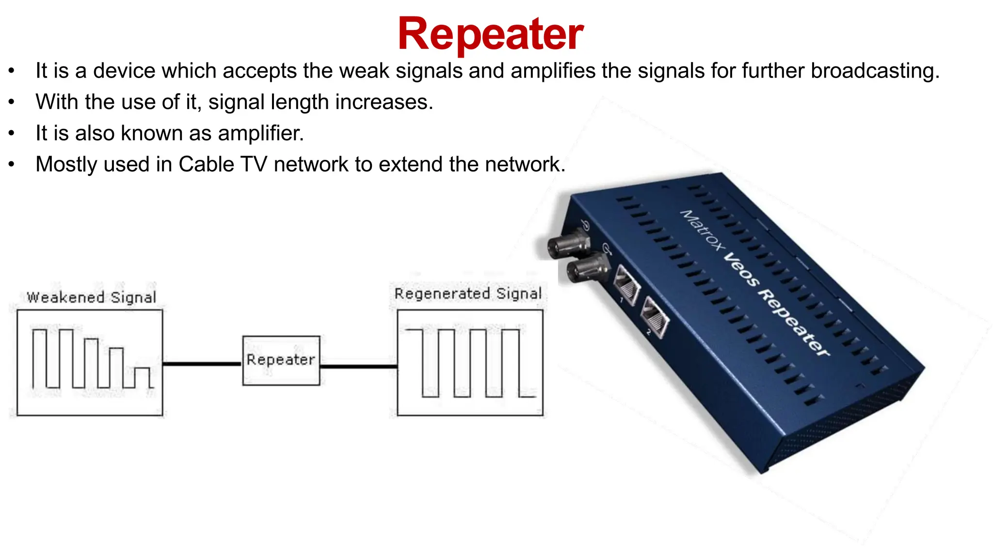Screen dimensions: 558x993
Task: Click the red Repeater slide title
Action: (x=490, y=34)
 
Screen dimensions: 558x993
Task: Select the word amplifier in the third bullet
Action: (x=260, y=133)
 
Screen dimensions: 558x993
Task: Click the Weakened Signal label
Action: (x=91, y=297)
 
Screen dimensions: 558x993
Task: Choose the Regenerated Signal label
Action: (x=468, y=294)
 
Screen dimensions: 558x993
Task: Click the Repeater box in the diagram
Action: (x=281, y=360)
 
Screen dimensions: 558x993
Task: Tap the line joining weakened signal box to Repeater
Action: (x=202, y=364)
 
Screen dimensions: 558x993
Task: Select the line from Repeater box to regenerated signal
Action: (x=358, y=367)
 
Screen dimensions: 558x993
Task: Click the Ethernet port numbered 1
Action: (x=627, y=286)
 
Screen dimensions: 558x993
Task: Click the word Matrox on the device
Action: (x=702, y=230)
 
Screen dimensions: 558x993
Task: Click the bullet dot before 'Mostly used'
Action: (x=11, y=164)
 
